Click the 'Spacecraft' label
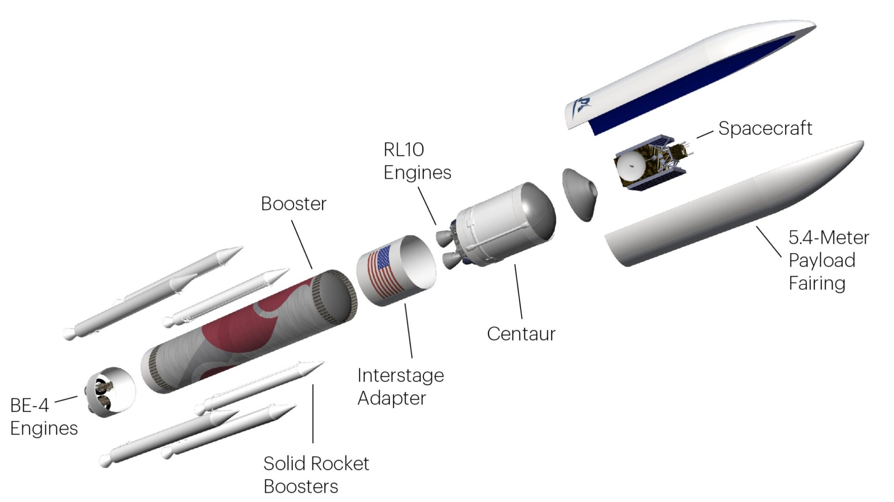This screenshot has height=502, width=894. point(765,128)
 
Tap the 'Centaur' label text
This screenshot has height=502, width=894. point(521,334)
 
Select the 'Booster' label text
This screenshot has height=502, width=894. point(293,204)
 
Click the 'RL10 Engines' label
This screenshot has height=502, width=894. point(417,161)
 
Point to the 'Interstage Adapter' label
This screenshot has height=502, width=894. point(400,387)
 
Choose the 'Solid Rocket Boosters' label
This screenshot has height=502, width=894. point(316,475)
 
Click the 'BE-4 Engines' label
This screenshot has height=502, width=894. point(43,417)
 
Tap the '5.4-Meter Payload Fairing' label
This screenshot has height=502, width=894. point(828,261)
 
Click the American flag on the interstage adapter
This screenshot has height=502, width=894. point(385,272)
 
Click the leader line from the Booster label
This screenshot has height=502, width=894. point(302,244)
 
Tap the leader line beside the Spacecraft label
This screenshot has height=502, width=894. point(704,134)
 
